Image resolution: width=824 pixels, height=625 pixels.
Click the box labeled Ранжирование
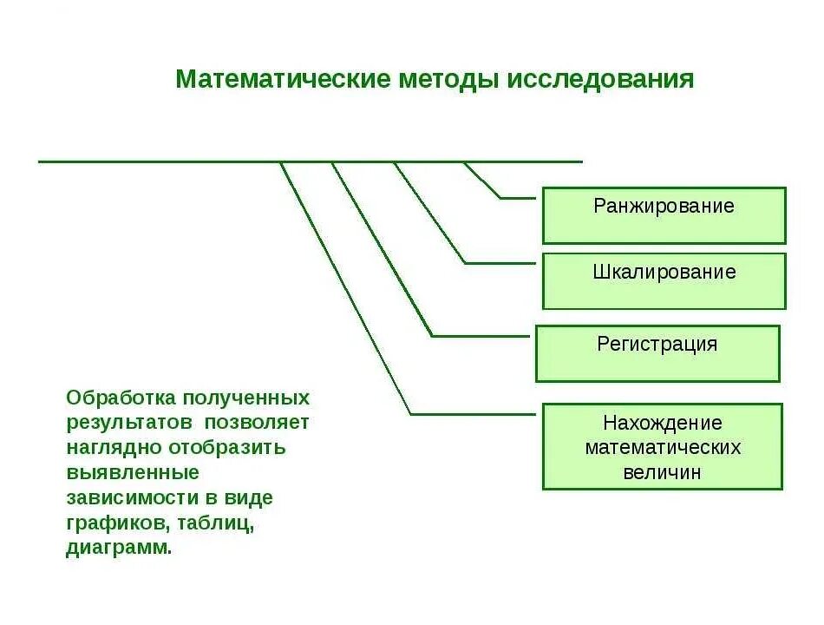(664, 215)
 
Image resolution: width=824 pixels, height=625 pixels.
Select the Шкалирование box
(664, 281)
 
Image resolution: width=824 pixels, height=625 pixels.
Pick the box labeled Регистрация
(657, 353)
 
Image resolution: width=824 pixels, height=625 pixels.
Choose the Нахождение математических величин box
(663, 446)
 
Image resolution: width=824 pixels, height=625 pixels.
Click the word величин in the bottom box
(663, 473)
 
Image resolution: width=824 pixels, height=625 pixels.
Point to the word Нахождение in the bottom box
(663, 423)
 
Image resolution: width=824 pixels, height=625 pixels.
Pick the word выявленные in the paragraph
(132, 473)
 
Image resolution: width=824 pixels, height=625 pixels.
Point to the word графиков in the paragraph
(118, 523)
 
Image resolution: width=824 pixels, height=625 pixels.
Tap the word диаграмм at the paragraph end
(118, 549)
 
